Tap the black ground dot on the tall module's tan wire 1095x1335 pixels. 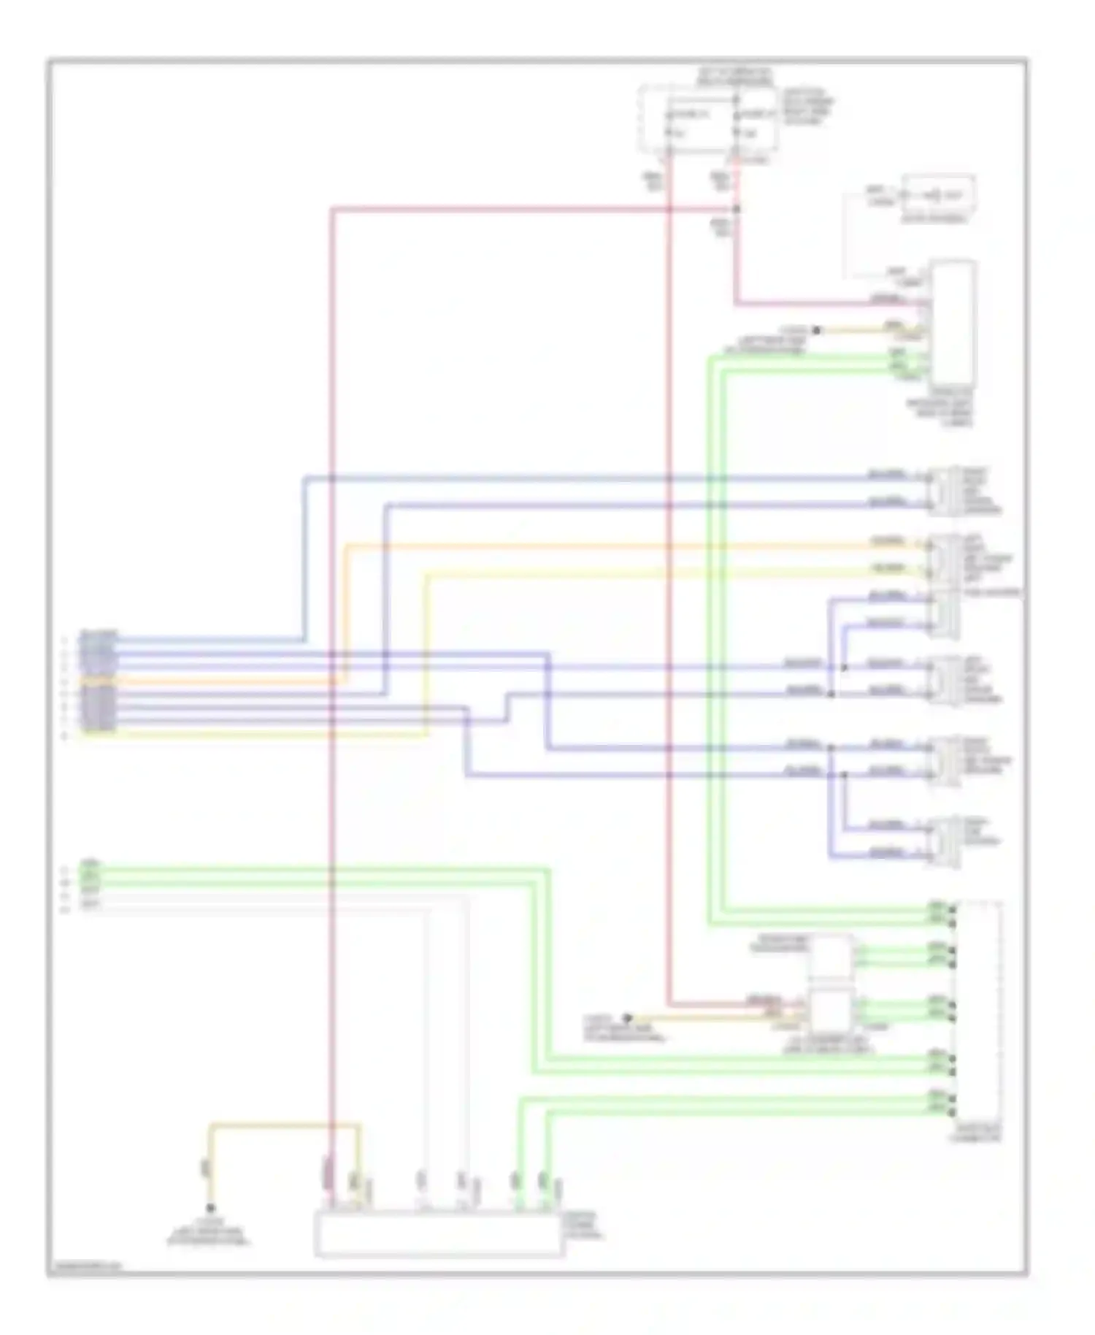[817, 331]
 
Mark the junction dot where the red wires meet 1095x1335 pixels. [736, 210]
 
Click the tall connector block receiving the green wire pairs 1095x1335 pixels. [978, 1015]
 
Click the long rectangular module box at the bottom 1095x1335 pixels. [438, 1233]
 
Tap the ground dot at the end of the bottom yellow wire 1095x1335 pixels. [210, 1209]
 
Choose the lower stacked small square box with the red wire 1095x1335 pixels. [831, 1010]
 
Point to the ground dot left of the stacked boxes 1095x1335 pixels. [626, 1017]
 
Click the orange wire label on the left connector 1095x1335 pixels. [97, 681]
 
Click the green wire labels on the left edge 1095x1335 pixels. [90, 876]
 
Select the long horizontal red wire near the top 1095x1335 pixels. [511, 210]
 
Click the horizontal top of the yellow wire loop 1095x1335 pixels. [285, 1125]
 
